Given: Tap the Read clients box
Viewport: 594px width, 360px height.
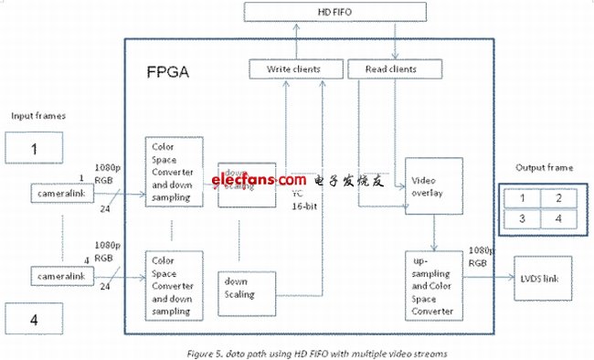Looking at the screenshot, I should coord(394,69).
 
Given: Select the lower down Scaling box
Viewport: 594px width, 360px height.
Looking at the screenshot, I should coord(244,289).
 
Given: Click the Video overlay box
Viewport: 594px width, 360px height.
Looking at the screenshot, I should coord(433,185).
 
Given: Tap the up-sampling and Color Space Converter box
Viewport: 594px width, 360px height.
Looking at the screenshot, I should coord(433,284).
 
